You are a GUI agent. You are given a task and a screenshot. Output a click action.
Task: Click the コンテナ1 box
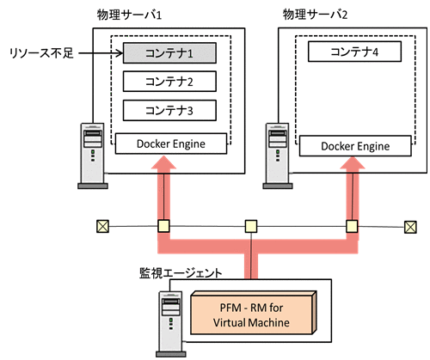click(169, 53)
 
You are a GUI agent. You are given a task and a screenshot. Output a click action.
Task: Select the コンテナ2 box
click(169, 82)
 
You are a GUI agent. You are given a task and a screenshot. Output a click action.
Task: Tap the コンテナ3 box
click(169, 110)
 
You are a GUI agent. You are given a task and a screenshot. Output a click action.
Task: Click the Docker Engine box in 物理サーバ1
click(170, 143)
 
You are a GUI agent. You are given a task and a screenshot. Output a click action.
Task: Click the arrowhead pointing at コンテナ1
click(118, 53)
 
